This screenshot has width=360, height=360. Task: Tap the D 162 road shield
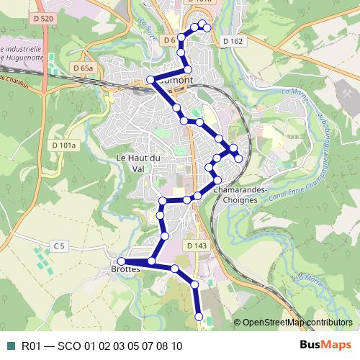coord(233,41)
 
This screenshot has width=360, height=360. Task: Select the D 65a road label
coord(84,68)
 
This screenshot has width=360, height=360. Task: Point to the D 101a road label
coord(63,145)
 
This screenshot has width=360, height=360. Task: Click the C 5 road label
coord(59,246)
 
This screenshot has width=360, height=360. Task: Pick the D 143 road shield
coord(197,246)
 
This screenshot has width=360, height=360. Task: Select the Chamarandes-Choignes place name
coord(240,194)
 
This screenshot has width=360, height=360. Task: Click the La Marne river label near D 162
coord(294,94)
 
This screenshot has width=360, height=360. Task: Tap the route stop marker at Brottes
coord(122,261)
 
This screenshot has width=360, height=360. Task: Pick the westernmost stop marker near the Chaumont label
coord(150,78)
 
